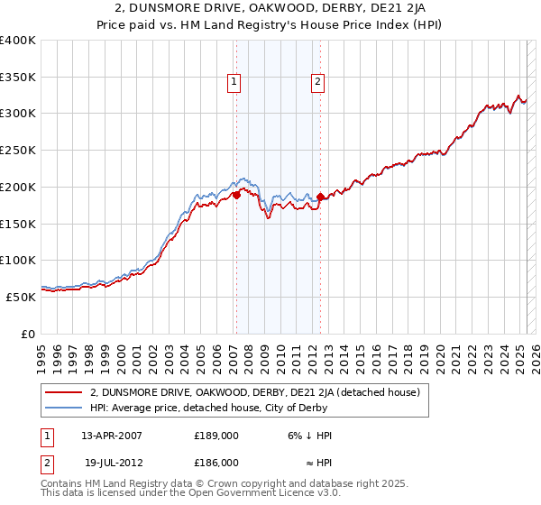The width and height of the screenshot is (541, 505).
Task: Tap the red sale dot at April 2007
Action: [235, 194]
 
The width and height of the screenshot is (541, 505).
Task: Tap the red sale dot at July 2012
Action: [320, 197]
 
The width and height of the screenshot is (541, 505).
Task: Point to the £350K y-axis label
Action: [18, 77]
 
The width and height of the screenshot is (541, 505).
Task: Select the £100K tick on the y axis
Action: [18, 260]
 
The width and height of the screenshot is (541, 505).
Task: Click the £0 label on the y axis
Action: [29, 334]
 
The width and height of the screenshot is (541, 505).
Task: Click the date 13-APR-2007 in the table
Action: [112, 435]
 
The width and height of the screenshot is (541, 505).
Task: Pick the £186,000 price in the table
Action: [216, 462]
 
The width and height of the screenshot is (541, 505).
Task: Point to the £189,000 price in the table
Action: [216, 435]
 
